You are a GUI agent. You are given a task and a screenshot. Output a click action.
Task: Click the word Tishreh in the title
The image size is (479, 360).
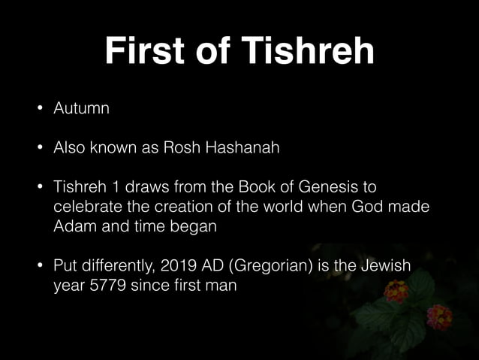309,52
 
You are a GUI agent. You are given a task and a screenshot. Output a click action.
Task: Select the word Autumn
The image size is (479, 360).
81,108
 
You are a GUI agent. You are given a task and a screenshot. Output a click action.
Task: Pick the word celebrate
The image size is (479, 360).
86,207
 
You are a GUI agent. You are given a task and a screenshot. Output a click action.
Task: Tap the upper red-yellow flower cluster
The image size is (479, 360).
396,289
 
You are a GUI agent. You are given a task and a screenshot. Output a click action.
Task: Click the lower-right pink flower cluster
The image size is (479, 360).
439,316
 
